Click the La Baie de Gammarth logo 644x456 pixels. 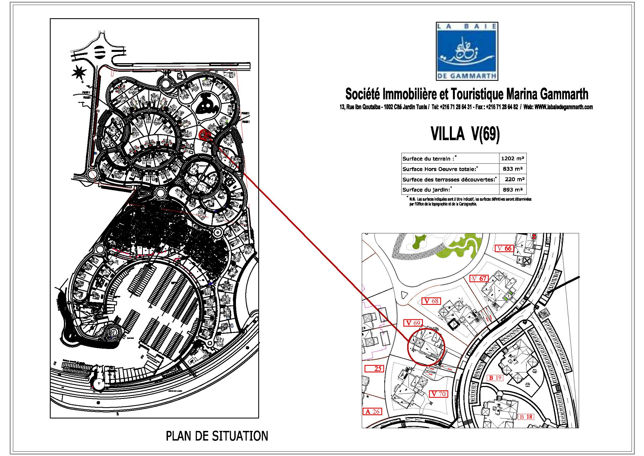[x=467, y=51]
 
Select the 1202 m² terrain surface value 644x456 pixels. [x=512, y=158]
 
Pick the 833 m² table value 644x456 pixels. [x=512, y=169]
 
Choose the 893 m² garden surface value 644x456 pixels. [x=512, y=190]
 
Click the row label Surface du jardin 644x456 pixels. [x=426, y=190]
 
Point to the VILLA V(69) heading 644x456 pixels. [x=465, y=134]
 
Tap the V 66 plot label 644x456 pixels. [x=505, y=248]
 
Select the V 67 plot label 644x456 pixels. [x=479, y=278]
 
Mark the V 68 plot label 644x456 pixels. [x=432, y=301]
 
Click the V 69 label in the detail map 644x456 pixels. [x=413, y=323]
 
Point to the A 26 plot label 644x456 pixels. [x=373, y=412]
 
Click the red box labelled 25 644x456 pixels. [x=374, y=369]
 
